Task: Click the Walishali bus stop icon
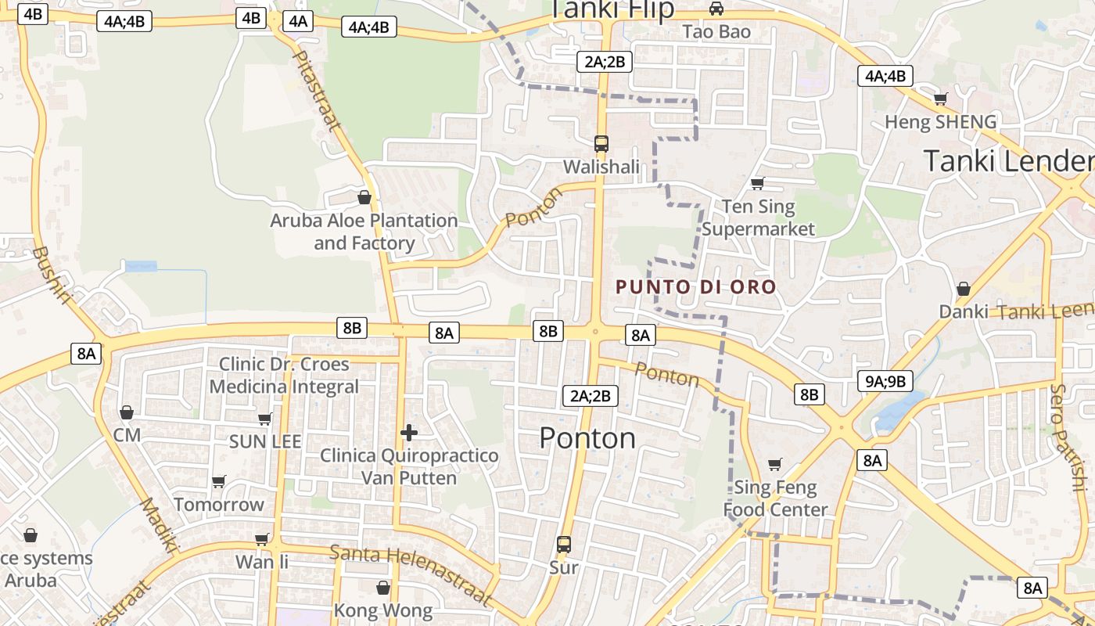[x=601, y=144]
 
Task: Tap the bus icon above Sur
[x=564, y=544]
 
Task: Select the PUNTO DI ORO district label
[x=696, y=286]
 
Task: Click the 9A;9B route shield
[x=885, y=381]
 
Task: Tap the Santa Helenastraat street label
[x=411, y=575]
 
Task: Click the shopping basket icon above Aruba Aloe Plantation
[x=364, y=196]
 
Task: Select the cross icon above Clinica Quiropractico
[x=408, y=432]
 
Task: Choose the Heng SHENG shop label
[x=940, y=122]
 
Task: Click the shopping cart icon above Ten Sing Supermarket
[x=757, y=183]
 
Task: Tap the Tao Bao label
[x=716, y=32]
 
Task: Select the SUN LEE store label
[x=265, y=441]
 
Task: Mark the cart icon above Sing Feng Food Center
[x=774, y=465]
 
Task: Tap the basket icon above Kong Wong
[x=383, y=588]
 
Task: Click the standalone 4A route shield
[x=298, y=21]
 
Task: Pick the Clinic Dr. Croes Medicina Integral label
[x=284, y=375]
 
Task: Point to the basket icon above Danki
[x=964, y=289]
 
